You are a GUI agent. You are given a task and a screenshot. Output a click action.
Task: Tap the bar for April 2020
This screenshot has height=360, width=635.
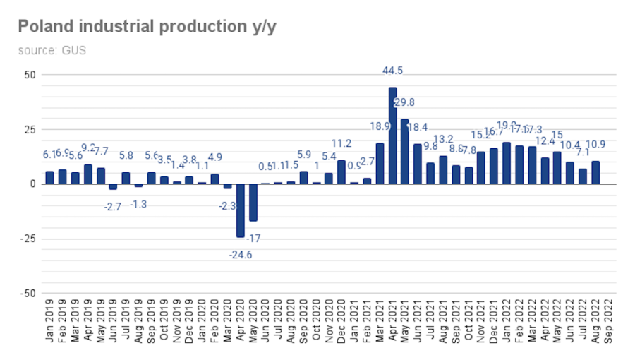[x=240, y=210]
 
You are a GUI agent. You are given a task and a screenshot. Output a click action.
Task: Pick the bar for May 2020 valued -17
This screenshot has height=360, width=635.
[x=253, y=203]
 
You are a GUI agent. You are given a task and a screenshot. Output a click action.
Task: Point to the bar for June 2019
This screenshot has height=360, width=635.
[x=113, y=187]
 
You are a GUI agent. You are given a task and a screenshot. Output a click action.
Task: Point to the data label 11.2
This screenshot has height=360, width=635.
[x=341, y=144]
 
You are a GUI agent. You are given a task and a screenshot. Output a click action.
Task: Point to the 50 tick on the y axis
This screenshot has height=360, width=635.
[x=30, y=75]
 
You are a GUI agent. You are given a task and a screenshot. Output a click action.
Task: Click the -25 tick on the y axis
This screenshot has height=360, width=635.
[x=28, y=239]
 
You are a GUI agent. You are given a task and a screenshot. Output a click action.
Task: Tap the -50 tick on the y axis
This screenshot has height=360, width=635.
[x=28, y=293]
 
